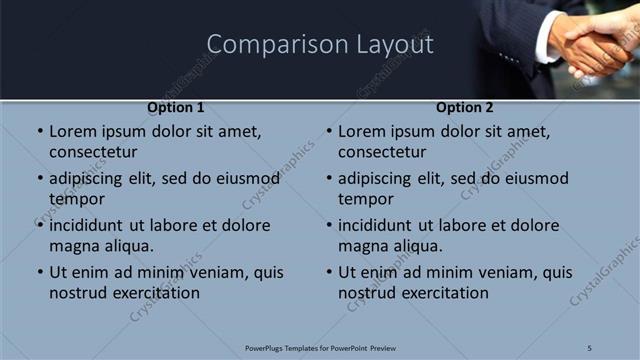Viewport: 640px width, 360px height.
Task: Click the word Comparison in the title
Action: (264, 45)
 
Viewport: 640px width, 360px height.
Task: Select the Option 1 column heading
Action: (176, 108)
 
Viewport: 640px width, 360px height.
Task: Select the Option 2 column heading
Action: (465, 108)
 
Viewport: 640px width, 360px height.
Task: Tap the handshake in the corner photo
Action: (590, 45)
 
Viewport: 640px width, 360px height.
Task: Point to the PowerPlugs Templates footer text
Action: (320, 347)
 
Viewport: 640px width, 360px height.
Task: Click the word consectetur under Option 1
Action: (93, 152)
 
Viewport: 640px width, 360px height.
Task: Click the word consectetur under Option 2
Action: (382, 152)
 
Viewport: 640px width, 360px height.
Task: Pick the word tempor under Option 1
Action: (77, 199)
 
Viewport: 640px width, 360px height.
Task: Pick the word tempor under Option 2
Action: (366, 199)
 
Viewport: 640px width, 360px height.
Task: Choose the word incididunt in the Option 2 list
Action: (382, 226)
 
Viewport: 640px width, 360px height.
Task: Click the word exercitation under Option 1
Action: (156, 293)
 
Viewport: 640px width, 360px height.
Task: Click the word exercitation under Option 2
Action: (445, 293)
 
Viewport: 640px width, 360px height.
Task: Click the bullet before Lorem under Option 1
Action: (40, 132)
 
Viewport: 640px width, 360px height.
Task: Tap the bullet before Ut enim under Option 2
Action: (329, 273)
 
